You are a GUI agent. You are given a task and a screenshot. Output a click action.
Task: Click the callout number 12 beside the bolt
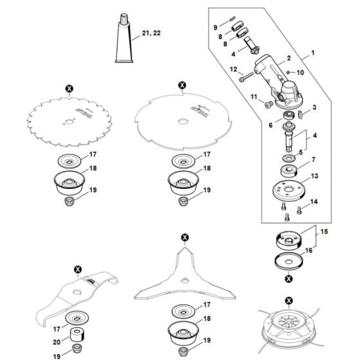[x=235, y=69]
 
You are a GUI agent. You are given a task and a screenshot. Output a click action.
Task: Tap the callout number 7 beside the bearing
[x=314, y=159]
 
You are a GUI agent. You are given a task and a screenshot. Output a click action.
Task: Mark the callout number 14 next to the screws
[x=314, y=203]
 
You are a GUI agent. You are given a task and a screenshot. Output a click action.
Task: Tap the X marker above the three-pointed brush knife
[x=185, y=237]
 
